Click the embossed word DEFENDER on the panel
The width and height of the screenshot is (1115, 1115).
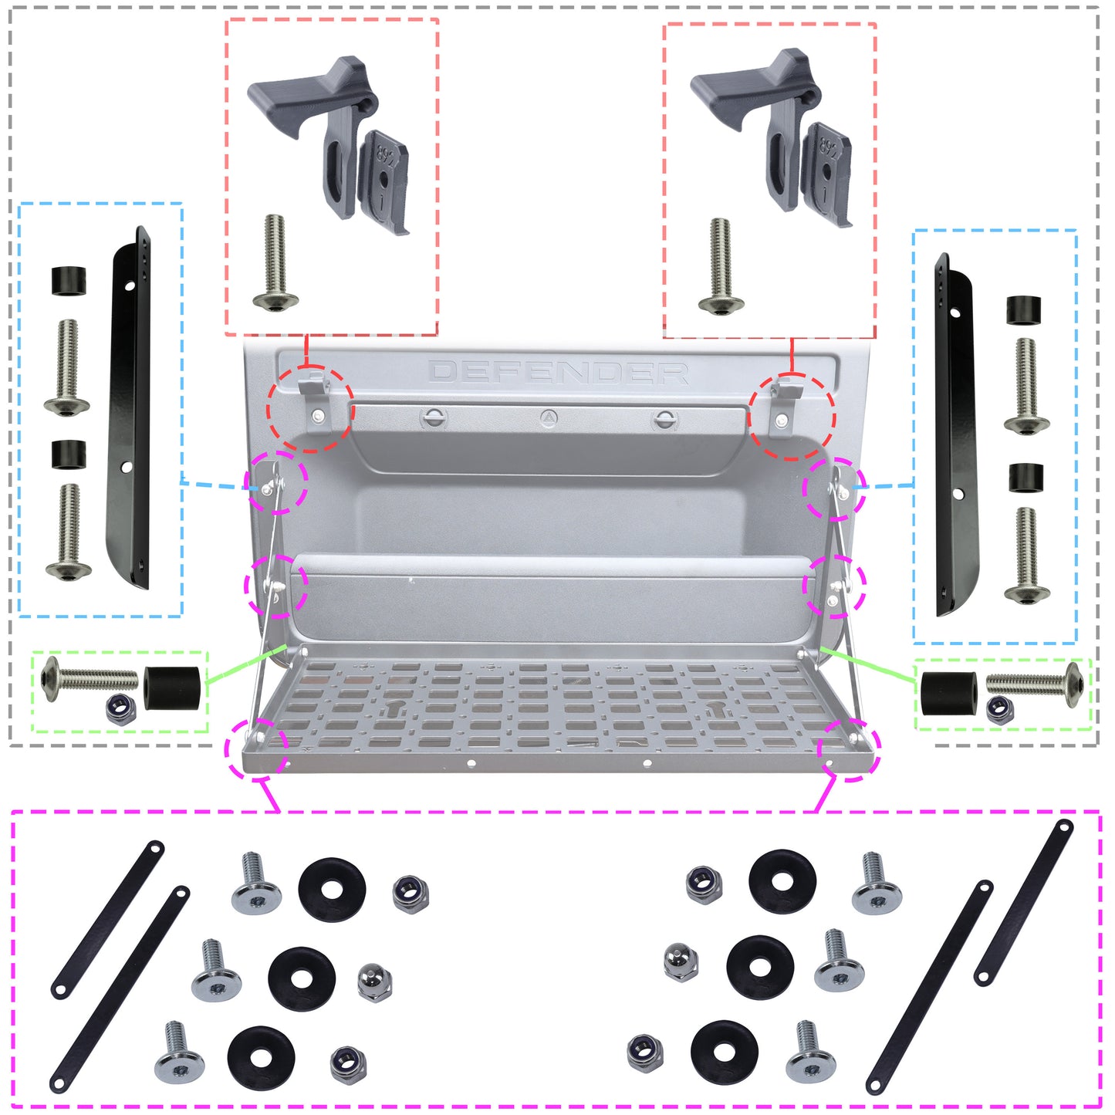(x=558, y=373)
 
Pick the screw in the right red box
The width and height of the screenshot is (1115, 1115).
(x=721, y=266)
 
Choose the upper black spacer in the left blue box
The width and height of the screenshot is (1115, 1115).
(x=69, y=281)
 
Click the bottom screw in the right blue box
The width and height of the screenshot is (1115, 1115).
(x=1026, y=556)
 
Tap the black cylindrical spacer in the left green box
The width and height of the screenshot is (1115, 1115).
(x=172, y=688)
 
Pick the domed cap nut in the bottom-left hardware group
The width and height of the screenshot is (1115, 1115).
(x=375, y=982)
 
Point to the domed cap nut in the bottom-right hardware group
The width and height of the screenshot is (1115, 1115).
(x=681, y=961)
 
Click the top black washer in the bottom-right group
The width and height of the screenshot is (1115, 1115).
(x=782, y=882)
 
